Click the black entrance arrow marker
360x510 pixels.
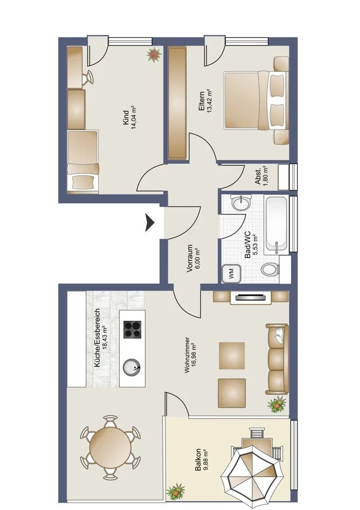(149, 223)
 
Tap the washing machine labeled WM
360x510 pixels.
(231, 273)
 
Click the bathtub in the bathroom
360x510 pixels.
(276, 225)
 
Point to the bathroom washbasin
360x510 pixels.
(242, 203)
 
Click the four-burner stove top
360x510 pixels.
(133, 329)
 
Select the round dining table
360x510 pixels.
(110, 448)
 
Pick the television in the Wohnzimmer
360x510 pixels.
(250, 297)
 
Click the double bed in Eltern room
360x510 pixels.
(256, 100)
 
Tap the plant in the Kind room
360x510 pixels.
(154, 55)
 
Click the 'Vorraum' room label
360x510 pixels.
(190, 258)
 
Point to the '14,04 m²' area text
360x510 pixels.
(133, 118)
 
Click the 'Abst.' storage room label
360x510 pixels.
(258, 176)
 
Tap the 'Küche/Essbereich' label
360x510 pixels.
(97, 338)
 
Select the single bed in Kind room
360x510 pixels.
(83, 162)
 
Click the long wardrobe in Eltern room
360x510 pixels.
(177, 103)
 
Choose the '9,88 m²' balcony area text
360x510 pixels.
(205, 460)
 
